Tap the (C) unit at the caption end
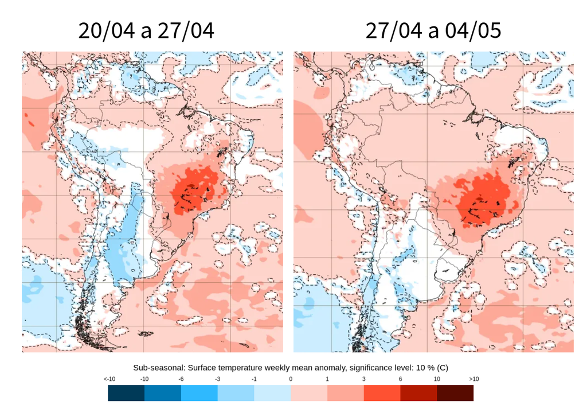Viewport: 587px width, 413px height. click(447, 368)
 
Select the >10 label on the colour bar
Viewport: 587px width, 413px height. click(473, 380)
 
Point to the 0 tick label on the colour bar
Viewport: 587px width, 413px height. click(291, 380)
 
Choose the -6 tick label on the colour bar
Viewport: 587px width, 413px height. click(181, 380)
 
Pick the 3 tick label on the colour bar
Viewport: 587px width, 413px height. click(364, 380)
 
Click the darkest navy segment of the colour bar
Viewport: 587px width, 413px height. click(126, 393)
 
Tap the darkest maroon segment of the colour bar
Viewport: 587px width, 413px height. click(455, 393)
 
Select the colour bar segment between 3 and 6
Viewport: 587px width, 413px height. click(382, 393)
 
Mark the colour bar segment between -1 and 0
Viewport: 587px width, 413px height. click(272, 393)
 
